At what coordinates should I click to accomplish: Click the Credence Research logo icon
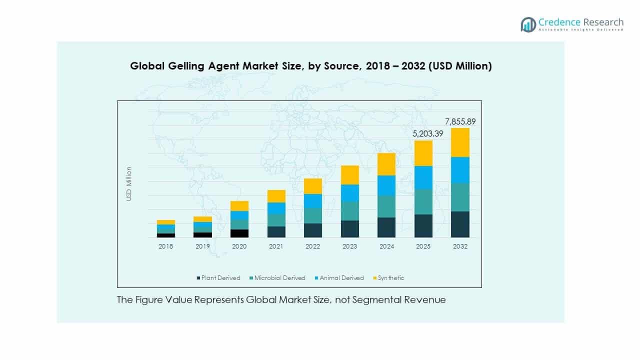[528, 24]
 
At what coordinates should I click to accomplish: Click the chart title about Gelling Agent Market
[310, 66]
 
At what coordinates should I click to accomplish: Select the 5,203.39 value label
[427, 133]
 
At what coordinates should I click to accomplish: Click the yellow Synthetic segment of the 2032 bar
[460, 142]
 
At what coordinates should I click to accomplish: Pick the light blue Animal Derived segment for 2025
[423, 177]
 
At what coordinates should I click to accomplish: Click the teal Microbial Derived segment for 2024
[386, 206]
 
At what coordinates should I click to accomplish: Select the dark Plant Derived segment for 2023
[350, 228]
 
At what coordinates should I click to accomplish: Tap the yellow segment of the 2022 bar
[313, 186]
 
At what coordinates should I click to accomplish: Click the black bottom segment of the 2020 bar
[239, 233]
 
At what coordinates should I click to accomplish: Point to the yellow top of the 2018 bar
[166, 222]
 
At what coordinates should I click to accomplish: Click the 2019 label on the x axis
[202, 246]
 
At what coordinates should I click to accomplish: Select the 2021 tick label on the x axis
[276, 246]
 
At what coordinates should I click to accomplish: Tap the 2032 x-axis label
[460, 246]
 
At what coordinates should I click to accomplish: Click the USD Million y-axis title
[129, 183]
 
